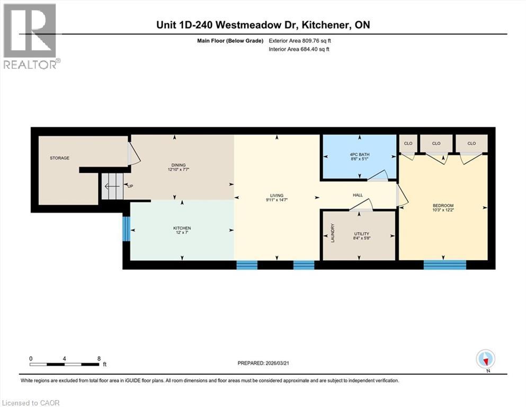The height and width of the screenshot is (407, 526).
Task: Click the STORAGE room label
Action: coord(59,158)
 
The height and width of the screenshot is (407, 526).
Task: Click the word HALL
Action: coord(358,196)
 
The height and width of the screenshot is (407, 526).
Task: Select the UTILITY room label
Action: coord(361,234)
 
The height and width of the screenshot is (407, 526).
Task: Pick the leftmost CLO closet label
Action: coord(408,143)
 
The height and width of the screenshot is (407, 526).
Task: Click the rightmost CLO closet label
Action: coord(471,143)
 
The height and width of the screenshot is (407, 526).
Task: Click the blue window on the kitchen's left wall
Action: coord(126,229)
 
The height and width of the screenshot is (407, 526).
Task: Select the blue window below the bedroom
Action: coord(444,264)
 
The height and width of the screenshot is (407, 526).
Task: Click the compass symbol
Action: coord(485,359)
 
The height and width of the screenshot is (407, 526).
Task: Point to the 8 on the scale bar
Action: coord(99,359)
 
